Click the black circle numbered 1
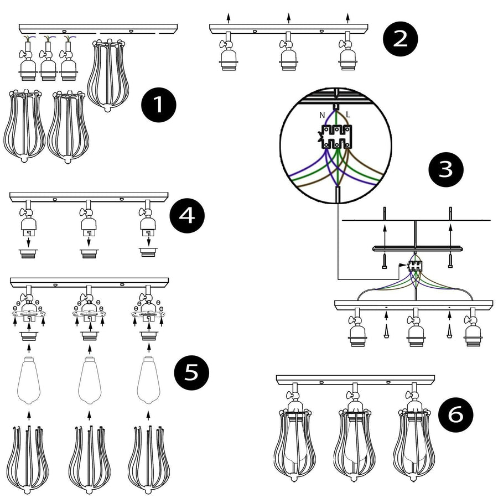(x=158, y=105)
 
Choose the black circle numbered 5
(x=191, y=372)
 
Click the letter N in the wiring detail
(x=321, y=115)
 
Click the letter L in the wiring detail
(x=348, y=115)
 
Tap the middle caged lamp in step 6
(x=352, y=437)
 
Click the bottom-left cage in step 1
(x=24, y=126)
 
